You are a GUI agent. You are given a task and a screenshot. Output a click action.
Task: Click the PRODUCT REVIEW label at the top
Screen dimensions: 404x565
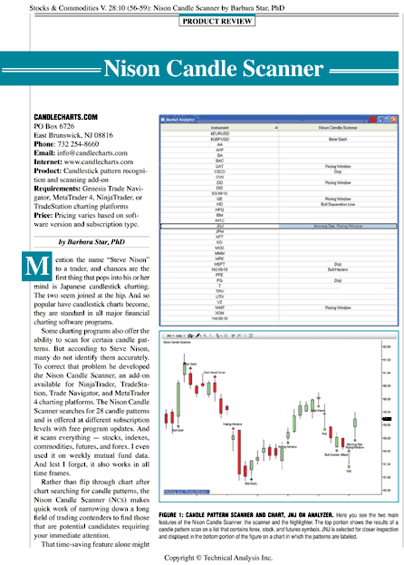click(202, 20)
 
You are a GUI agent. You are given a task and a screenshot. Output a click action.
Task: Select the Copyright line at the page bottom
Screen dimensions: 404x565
click(202, 555)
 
